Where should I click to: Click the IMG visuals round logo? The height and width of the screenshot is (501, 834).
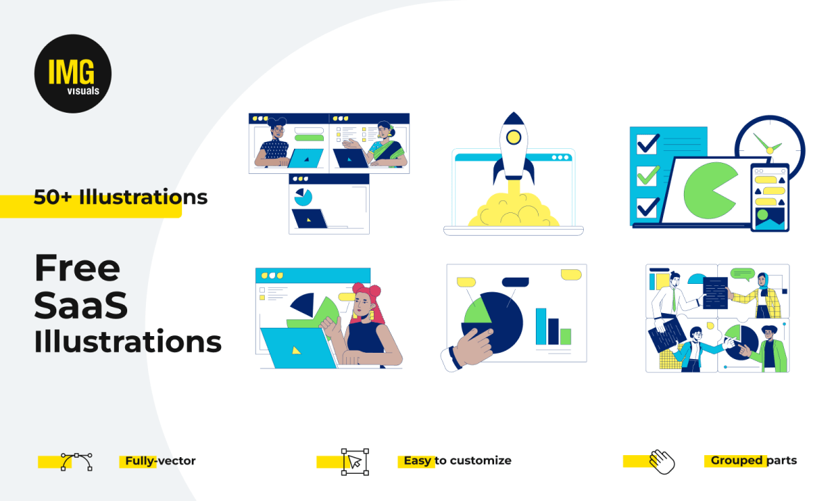click(x=73, y=74)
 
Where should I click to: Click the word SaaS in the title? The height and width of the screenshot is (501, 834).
click(x=81, y=305)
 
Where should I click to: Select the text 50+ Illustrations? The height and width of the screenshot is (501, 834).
click(x=120, y=197)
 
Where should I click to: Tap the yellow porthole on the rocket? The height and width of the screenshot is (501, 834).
click(x=514, y=137)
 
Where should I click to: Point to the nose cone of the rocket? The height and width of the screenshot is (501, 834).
click(x=514, y=118)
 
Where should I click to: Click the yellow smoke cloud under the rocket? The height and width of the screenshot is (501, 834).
click(x=514, y=210)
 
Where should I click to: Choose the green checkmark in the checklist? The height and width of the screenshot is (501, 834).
click(x=648, y=175)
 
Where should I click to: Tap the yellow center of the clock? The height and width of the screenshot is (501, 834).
click(x=769, y=150)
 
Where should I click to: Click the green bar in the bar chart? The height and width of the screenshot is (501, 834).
click(x=566, y=337)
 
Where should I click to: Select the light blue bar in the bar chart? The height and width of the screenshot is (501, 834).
click(x=541, y=326)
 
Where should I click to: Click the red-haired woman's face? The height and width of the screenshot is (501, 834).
click(x=361, y=305)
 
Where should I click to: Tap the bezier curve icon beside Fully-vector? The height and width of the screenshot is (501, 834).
click(x=76, y=462)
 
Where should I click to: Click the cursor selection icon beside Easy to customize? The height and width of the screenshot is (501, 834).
click(x=355, y=462)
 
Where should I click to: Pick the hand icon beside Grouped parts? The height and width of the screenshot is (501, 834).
click(x=662, y=462)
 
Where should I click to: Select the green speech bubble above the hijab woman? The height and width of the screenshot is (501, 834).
click(x=742, y=274)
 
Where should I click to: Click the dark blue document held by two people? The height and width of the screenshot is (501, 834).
click(x=715, y=293)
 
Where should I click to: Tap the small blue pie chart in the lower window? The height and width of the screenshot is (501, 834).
click(x=303, y=197)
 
